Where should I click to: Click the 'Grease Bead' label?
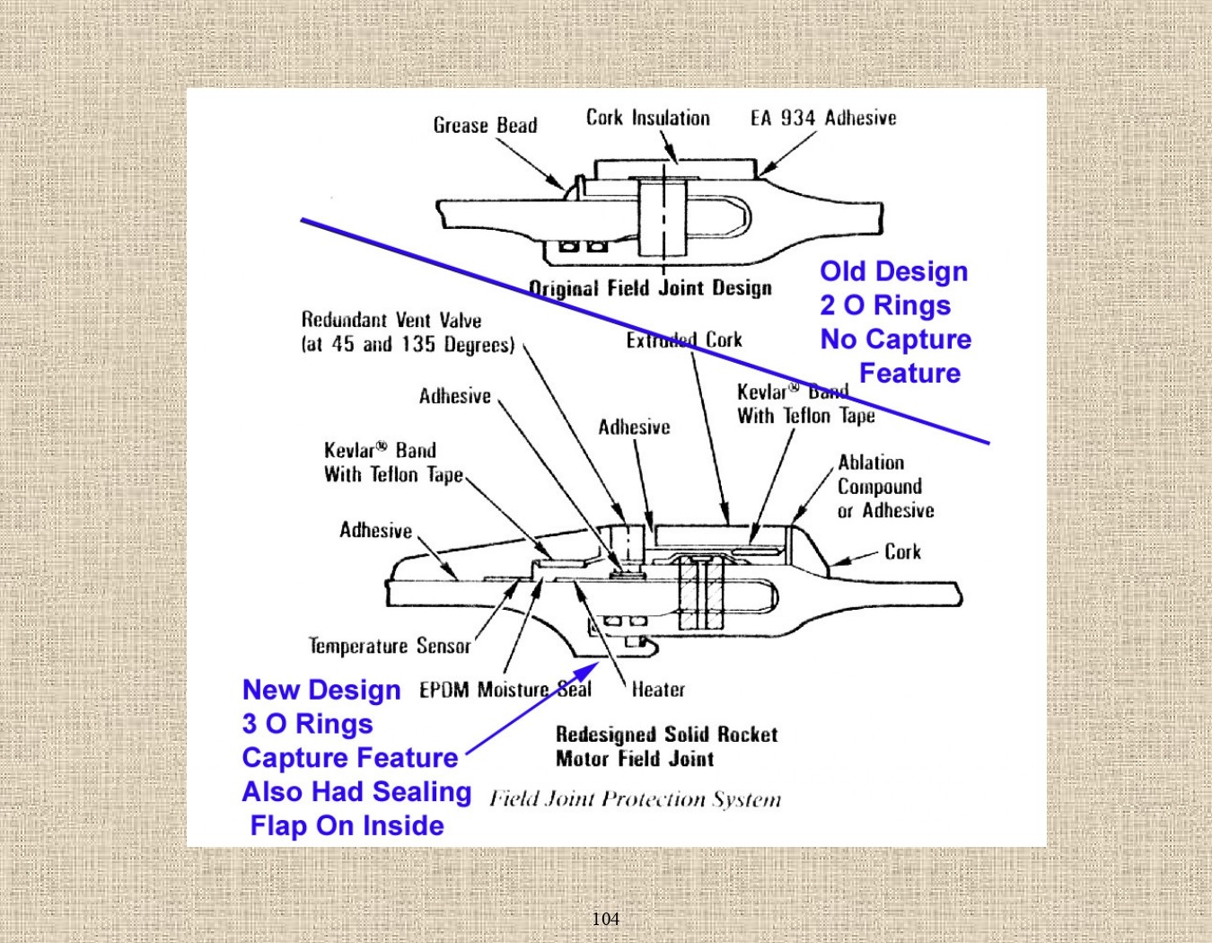click(485, 126)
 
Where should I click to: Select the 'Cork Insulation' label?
click(647, 119)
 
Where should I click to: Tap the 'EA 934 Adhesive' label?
click(823, 119)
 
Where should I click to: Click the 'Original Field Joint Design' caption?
click(650, 288)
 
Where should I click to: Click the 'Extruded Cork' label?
click(684, 340)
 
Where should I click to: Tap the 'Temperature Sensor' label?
click(389, 646)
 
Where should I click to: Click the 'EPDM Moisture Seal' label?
click(505, 690)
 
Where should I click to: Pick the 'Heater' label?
click(658, 690)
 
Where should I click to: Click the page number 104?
click(605, 919)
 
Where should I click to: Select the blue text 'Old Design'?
click(893, 271)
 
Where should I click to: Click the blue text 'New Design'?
click(321, 690)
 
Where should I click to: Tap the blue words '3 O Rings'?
click(307, 724)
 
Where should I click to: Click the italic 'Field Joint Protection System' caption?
click(635, 799)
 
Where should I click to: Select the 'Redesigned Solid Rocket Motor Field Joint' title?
click(666, 746)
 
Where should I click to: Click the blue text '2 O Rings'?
click(884, 305)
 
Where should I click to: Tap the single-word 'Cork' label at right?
click(902, 552)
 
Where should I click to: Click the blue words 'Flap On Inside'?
click(347, 825)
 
